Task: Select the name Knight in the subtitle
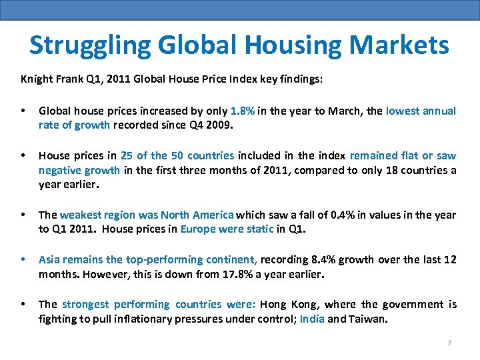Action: pyautogui.click(x=36, y=79)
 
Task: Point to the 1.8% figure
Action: pyautogui.click(x=242, y=111)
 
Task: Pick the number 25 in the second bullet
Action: pyautogui.click(x=127, y=155)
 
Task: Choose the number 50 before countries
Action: pyautogui.click(x=177, y=155)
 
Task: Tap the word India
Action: pyautogui.click(x=312, y=319)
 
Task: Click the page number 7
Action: pyautogui.click(x=449, y=343)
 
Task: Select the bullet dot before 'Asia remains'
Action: pyautogui.click(x=24, y=259)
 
